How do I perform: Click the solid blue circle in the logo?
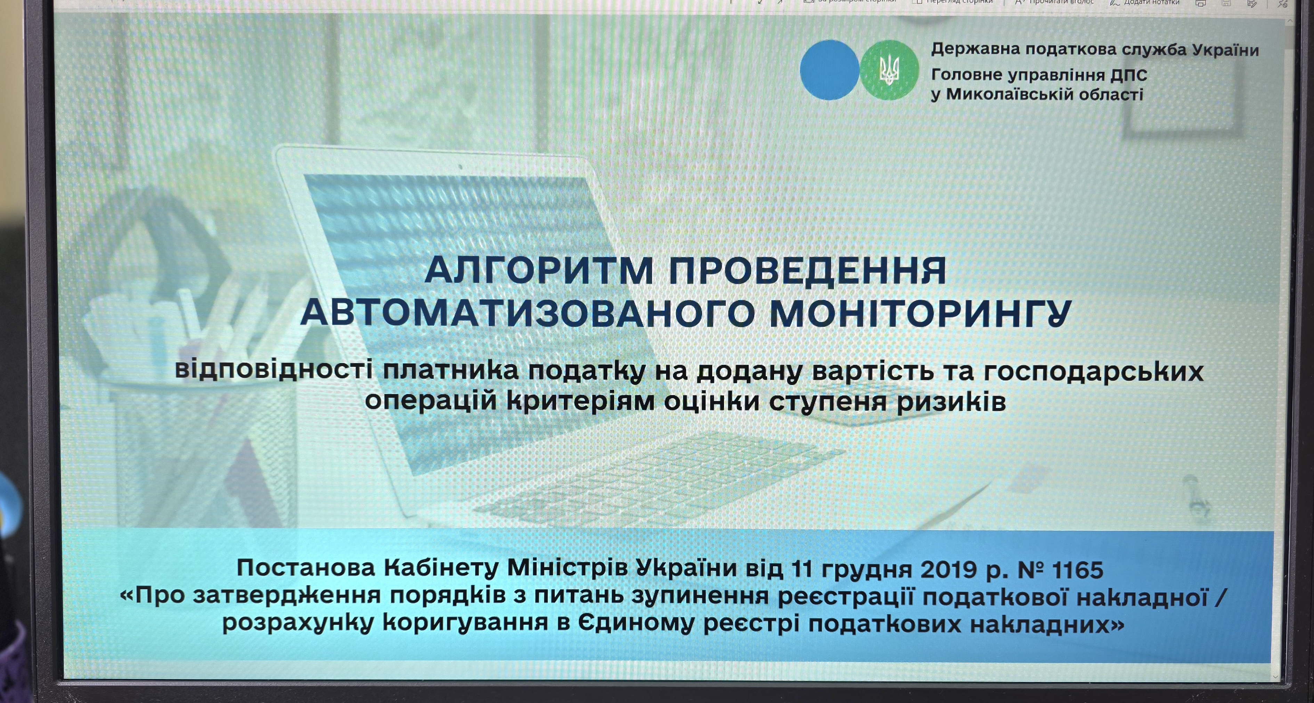point(829,70)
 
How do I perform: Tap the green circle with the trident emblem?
point(889,70)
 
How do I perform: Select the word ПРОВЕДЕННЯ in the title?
point(808,270)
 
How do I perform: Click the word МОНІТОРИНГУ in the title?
point(920,313)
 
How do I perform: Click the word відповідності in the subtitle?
point(274,370)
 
